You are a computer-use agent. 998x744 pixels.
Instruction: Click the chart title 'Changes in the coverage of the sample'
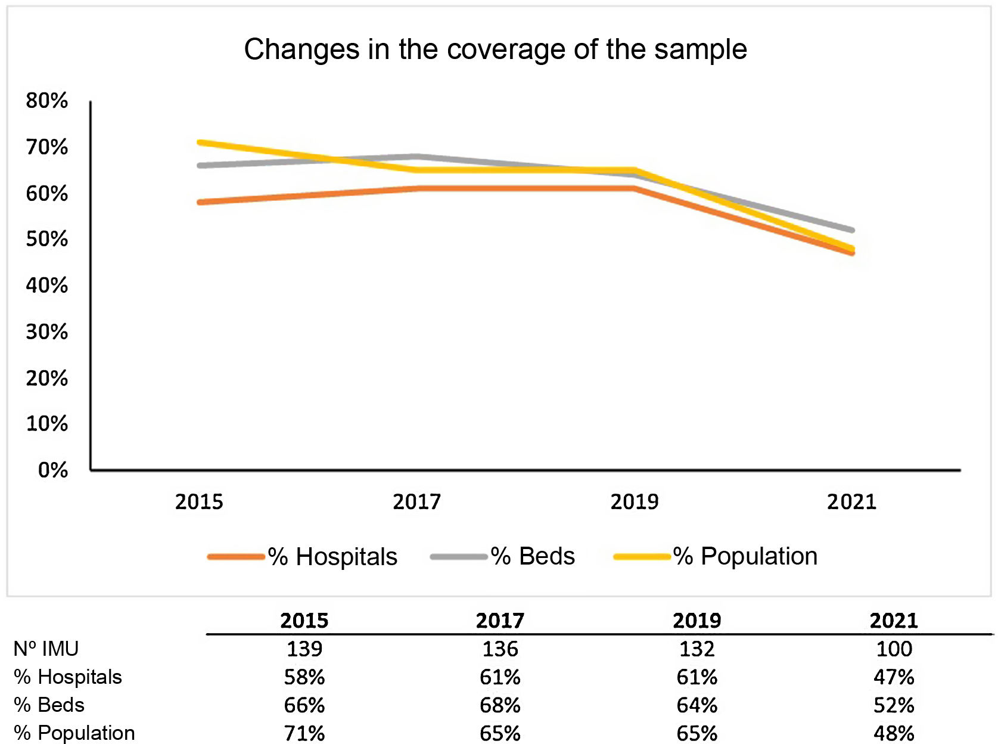[495, 49]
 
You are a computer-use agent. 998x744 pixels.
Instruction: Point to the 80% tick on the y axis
[46, 101]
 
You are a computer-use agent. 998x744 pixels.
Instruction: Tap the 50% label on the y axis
[46, 239]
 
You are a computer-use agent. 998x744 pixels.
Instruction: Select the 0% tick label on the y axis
[52, 470]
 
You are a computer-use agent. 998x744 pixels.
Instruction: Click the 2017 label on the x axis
[416, 502]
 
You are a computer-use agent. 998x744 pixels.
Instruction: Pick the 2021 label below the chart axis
[851, 502]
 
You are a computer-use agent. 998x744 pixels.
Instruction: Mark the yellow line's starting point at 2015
[200, 142]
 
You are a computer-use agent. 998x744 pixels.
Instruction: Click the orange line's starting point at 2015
[200, 203]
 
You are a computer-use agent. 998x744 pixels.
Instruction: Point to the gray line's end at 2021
[852, 230]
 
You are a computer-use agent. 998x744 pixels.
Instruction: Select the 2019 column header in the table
[697, 621]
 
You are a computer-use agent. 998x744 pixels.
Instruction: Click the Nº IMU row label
[46, 649]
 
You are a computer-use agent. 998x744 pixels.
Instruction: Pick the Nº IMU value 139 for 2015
[304, 649]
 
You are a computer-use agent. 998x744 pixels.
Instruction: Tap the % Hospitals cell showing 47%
[893, 677]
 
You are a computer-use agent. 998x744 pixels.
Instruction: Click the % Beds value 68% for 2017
[500, 706]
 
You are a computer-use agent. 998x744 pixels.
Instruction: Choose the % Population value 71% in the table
[304, 733]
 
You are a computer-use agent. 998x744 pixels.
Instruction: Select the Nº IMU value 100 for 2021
[893, 649]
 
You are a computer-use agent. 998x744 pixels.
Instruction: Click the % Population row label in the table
[74, 733]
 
